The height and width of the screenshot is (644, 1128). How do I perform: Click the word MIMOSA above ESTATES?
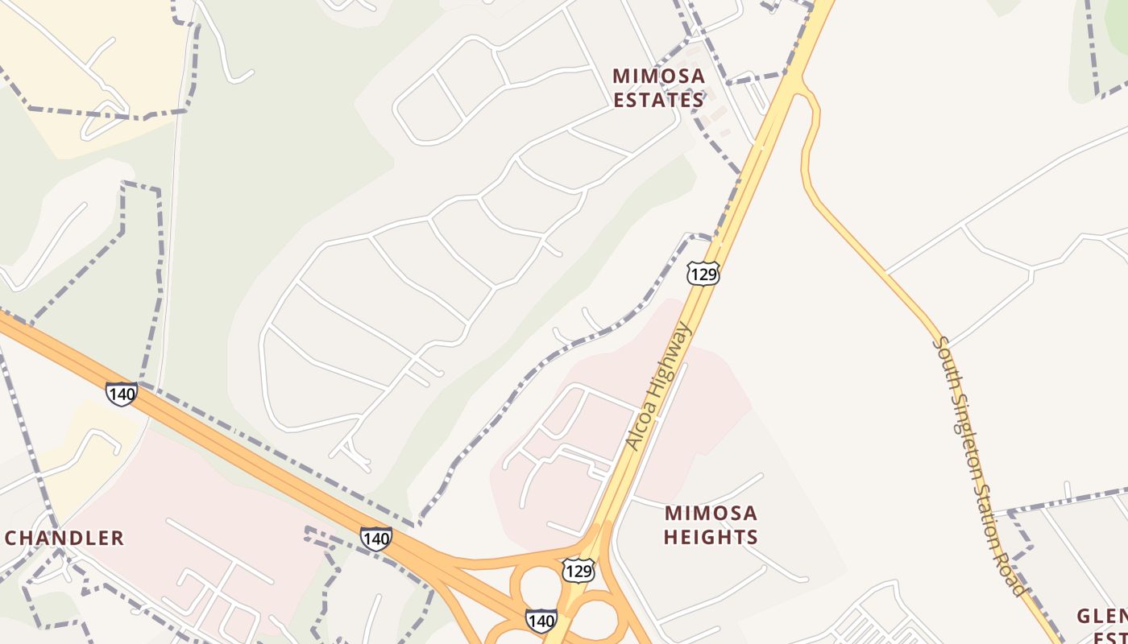(658, 76)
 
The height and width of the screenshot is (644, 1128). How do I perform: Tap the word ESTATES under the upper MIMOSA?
(658, 100)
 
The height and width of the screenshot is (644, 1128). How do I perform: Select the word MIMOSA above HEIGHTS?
(711, 513)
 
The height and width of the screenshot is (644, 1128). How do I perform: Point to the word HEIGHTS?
(711, 537)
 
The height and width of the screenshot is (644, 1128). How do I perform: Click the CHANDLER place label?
(64, 538)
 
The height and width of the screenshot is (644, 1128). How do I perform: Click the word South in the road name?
(943, 356)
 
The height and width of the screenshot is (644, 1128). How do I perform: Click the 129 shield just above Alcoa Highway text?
(703, 273)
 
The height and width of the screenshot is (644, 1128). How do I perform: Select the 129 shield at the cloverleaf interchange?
(579, 571)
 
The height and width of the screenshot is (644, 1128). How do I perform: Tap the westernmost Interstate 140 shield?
(121, 394)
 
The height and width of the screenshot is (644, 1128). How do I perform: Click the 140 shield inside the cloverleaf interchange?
(541, 621)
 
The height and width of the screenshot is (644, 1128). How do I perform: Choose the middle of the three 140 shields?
(376, 538)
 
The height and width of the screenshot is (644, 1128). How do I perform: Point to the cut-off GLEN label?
(1101, 617)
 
